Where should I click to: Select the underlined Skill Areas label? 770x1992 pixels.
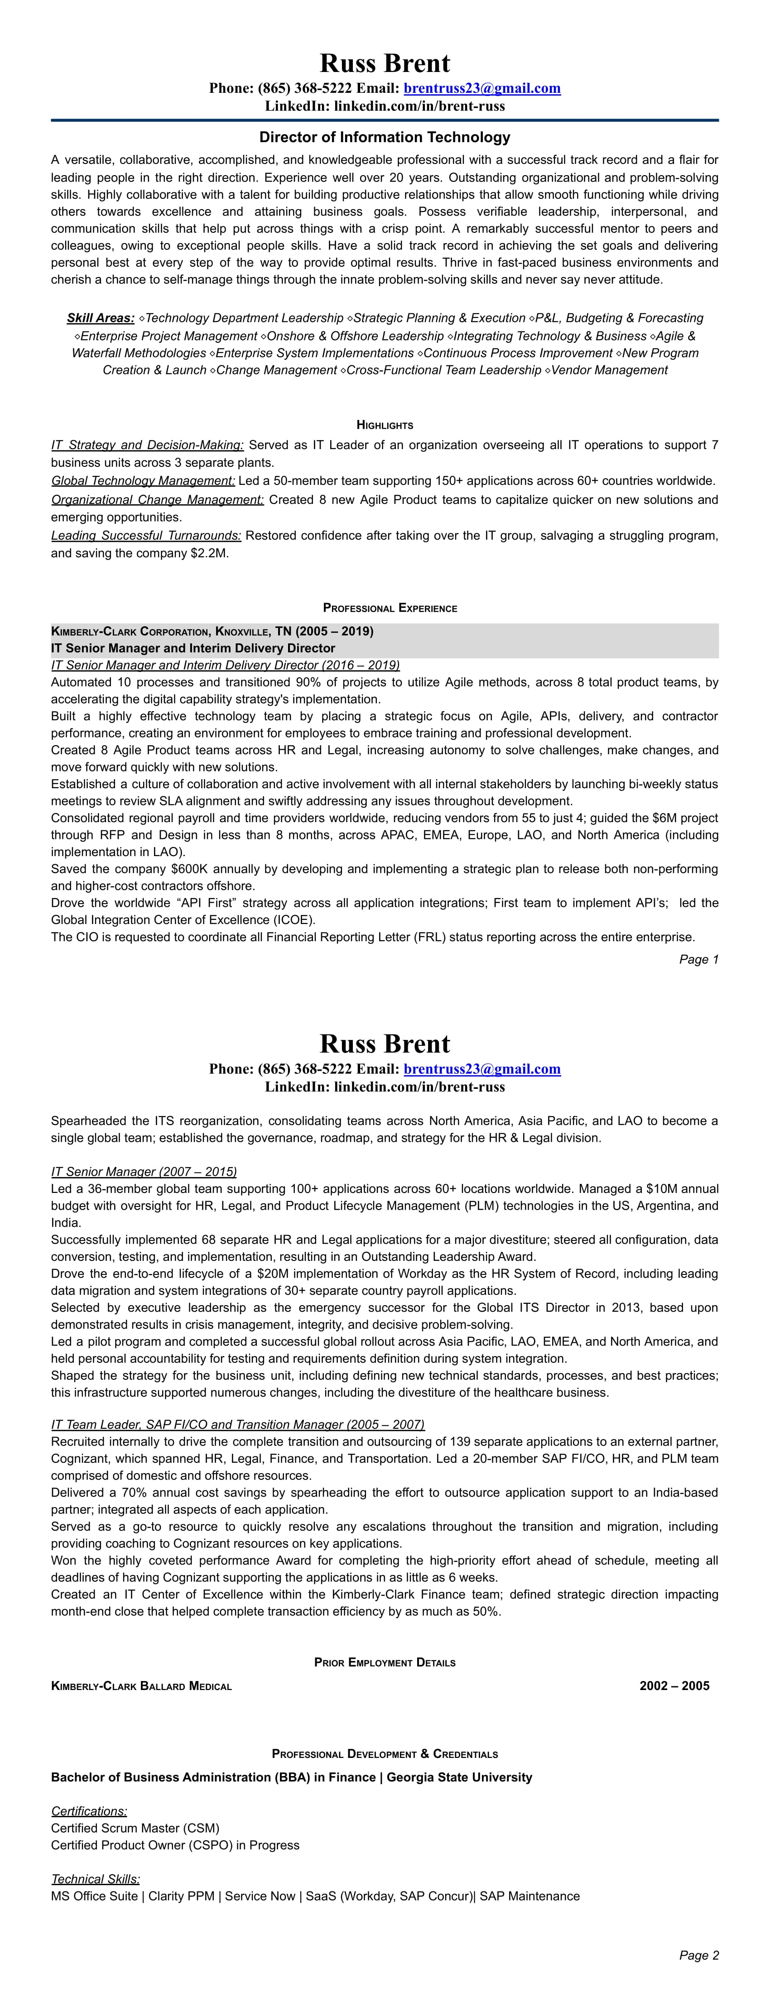101,318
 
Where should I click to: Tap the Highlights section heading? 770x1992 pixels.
385,425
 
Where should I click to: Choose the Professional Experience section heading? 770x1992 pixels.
390,608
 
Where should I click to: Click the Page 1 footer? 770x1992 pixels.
699,960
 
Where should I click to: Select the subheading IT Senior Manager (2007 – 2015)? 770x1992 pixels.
144,1172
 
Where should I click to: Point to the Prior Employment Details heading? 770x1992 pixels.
385,1662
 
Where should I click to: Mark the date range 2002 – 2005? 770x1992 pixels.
674,1686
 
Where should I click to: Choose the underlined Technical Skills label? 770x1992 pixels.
95,1879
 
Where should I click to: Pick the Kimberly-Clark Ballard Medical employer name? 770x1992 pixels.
142,1686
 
